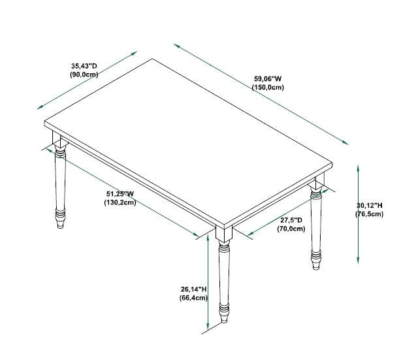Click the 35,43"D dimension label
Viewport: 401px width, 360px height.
[x=84, y=66]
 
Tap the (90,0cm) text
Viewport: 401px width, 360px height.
[x=84, y=74]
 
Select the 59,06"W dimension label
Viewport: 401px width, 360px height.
[x=268, y=78]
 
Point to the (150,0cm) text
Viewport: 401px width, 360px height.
[x=268, y=88]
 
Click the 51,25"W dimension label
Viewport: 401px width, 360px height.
[x=120, y=193]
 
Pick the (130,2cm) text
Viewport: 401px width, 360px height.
[x=120, y=203]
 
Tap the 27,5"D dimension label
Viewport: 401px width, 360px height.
[x=291, y=220]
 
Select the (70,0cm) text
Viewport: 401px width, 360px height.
[x=291, y=229]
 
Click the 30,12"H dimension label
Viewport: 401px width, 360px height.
[x=370, y=205]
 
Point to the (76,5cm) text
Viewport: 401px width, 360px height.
[x=370, y=214]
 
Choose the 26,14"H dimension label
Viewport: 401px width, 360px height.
[x=193, y=289]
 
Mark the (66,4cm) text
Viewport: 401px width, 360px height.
[x=193, y=298]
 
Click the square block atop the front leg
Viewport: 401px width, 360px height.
[x=224, y=233]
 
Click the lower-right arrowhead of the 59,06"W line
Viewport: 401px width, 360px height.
[x=345, y=142]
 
